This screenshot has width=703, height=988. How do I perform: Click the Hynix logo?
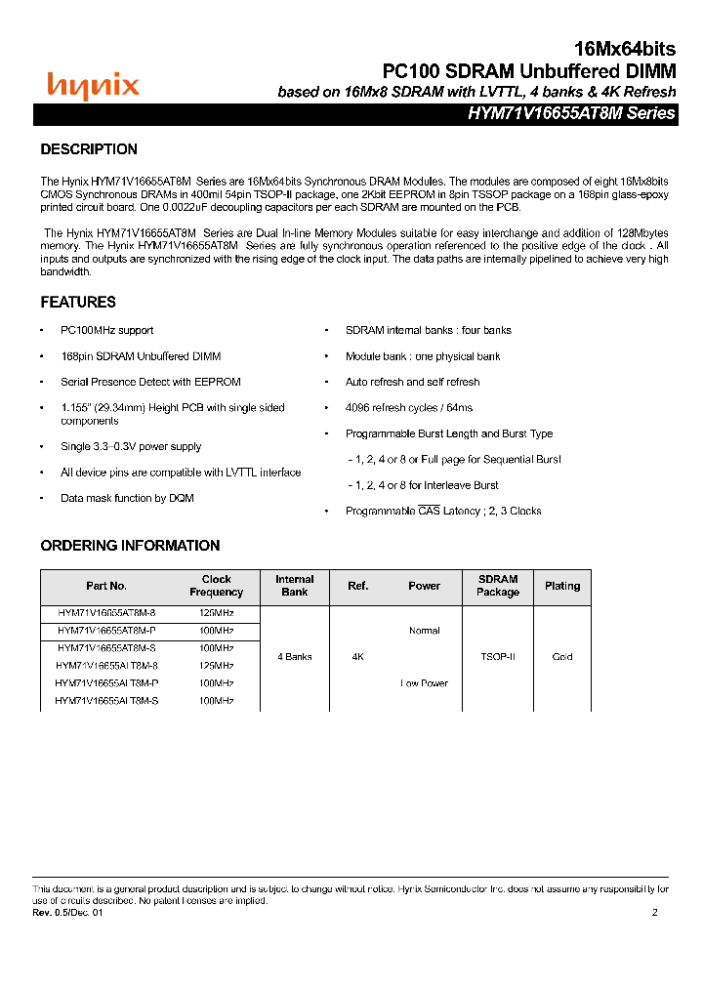(x=94, y=86)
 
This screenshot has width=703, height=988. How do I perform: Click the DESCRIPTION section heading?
(x=89, y=149)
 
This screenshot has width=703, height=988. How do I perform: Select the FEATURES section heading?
(x=78, y=303)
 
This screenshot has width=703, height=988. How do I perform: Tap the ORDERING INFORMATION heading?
(x=130, y=546)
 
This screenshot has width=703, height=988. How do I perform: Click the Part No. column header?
(x=106, y=586)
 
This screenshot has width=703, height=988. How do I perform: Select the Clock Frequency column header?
(x=217, y=586)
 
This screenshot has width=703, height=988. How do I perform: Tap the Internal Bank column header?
(x=294, y=586)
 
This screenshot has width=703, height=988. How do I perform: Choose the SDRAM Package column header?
(x=498, y=586)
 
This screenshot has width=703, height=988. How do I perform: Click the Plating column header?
(x=562, y=586)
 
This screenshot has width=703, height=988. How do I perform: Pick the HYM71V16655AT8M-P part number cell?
(x=106, y=631)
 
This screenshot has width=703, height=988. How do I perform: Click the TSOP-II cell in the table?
(x=498, y=657)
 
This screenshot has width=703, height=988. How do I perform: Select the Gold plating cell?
(x=562, y=657)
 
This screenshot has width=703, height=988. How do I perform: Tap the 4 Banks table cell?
(x=294, y=657)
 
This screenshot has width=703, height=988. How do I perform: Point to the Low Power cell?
(x=424, y=683)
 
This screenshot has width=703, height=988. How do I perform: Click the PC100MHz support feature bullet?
(x=106, y=331)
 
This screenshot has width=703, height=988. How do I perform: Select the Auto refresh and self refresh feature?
(x=412, y=383)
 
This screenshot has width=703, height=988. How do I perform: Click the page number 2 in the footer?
(x=655, y=913)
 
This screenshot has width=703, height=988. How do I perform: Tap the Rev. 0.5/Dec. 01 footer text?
(x=67, y=913)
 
